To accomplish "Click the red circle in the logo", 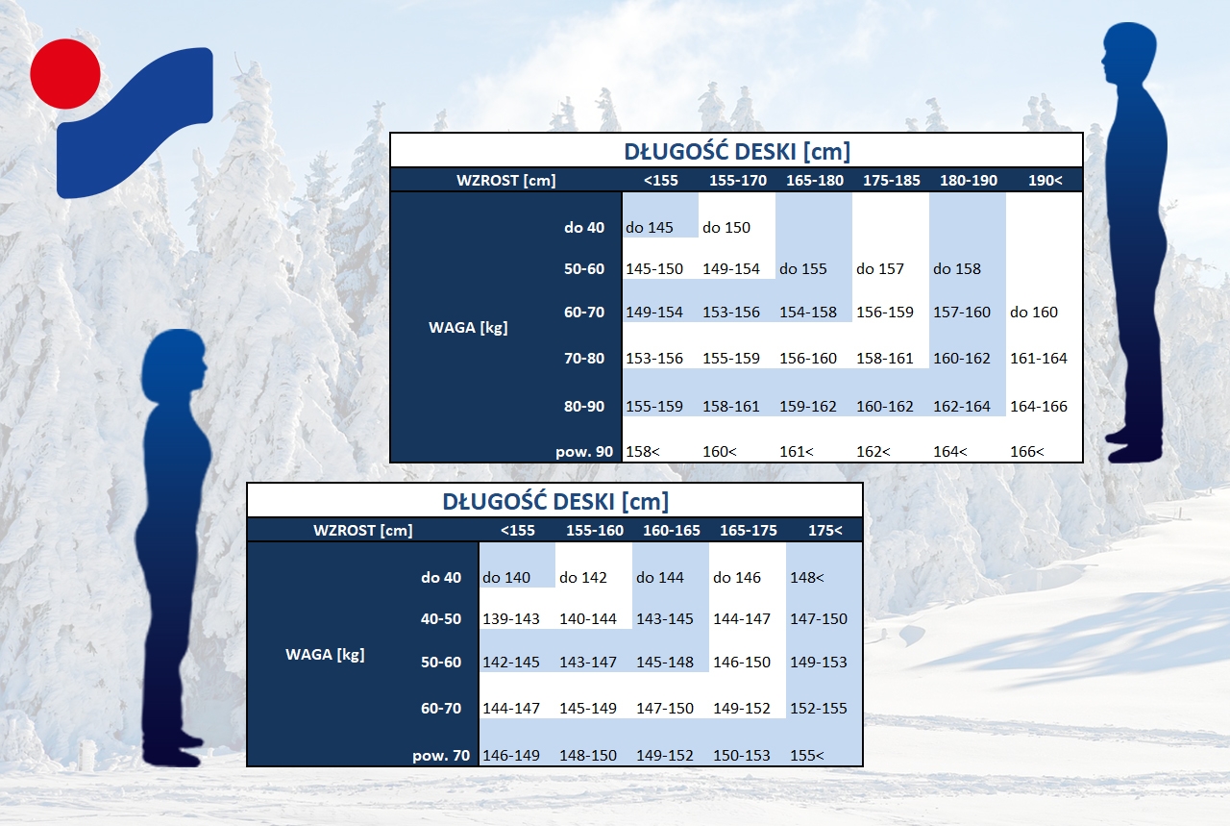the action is pyautogui.click(x=65, y=74).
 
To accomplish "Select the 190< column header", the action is pyautogui.click(x=1045, y=180).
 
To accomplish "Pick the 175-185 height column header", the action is pyautogui.click(x=891, y=180).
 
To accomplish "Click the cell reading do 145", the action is pyautogui.click(x=649, y=228).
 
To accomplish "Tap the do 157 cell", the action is pyautogui.click(x=879, y=268).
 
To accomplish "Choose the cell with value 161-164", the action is pyautogui.click(x=1039, y=359).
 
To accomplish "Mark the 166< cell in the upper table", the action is pyautogui.click(x=1027, y=452).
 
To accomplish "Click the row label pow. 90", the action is pyautogui.click(x=583, y=452).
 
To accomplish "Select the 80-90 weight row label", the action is pyautogui.click(x=583, y=406).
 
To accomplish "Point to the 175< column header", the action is pyautogui.click(x=824, y=531).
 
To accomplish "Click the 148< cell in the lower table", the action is pyautogui.click(x=806, y=578).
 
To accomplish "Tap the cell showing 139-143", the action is pyautogui.click(x=510, y=619).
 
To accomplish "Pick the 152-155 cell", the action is pyautogui.click(x=818, y=709).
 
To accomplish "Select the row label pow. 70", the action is pyautogui.click(x=441, y=756).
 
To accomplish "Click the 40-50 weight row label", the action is pyautogui.click(x=441, y=619).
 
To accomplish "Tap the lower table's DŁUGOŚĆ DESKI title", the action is pyautogui.click(x=555, y=502).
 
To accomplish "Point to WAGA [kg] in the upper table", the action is pyautogui.click(x=468, y=328).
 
